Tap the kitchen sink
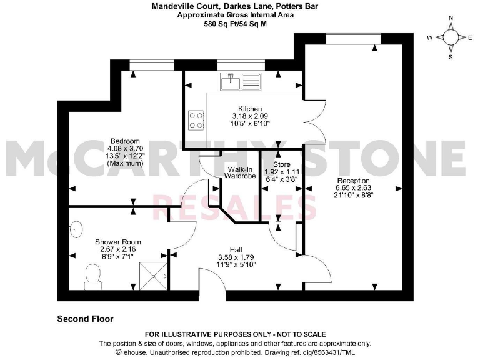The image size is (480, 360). point(241,81)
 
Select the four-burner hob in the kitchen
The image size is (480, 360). point(196,119)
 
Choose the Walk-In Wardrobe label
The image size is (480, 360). point(241,173)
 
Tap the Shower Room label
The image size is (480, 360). point(117,242)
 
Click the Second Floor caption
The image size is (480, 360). point(85,319)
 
